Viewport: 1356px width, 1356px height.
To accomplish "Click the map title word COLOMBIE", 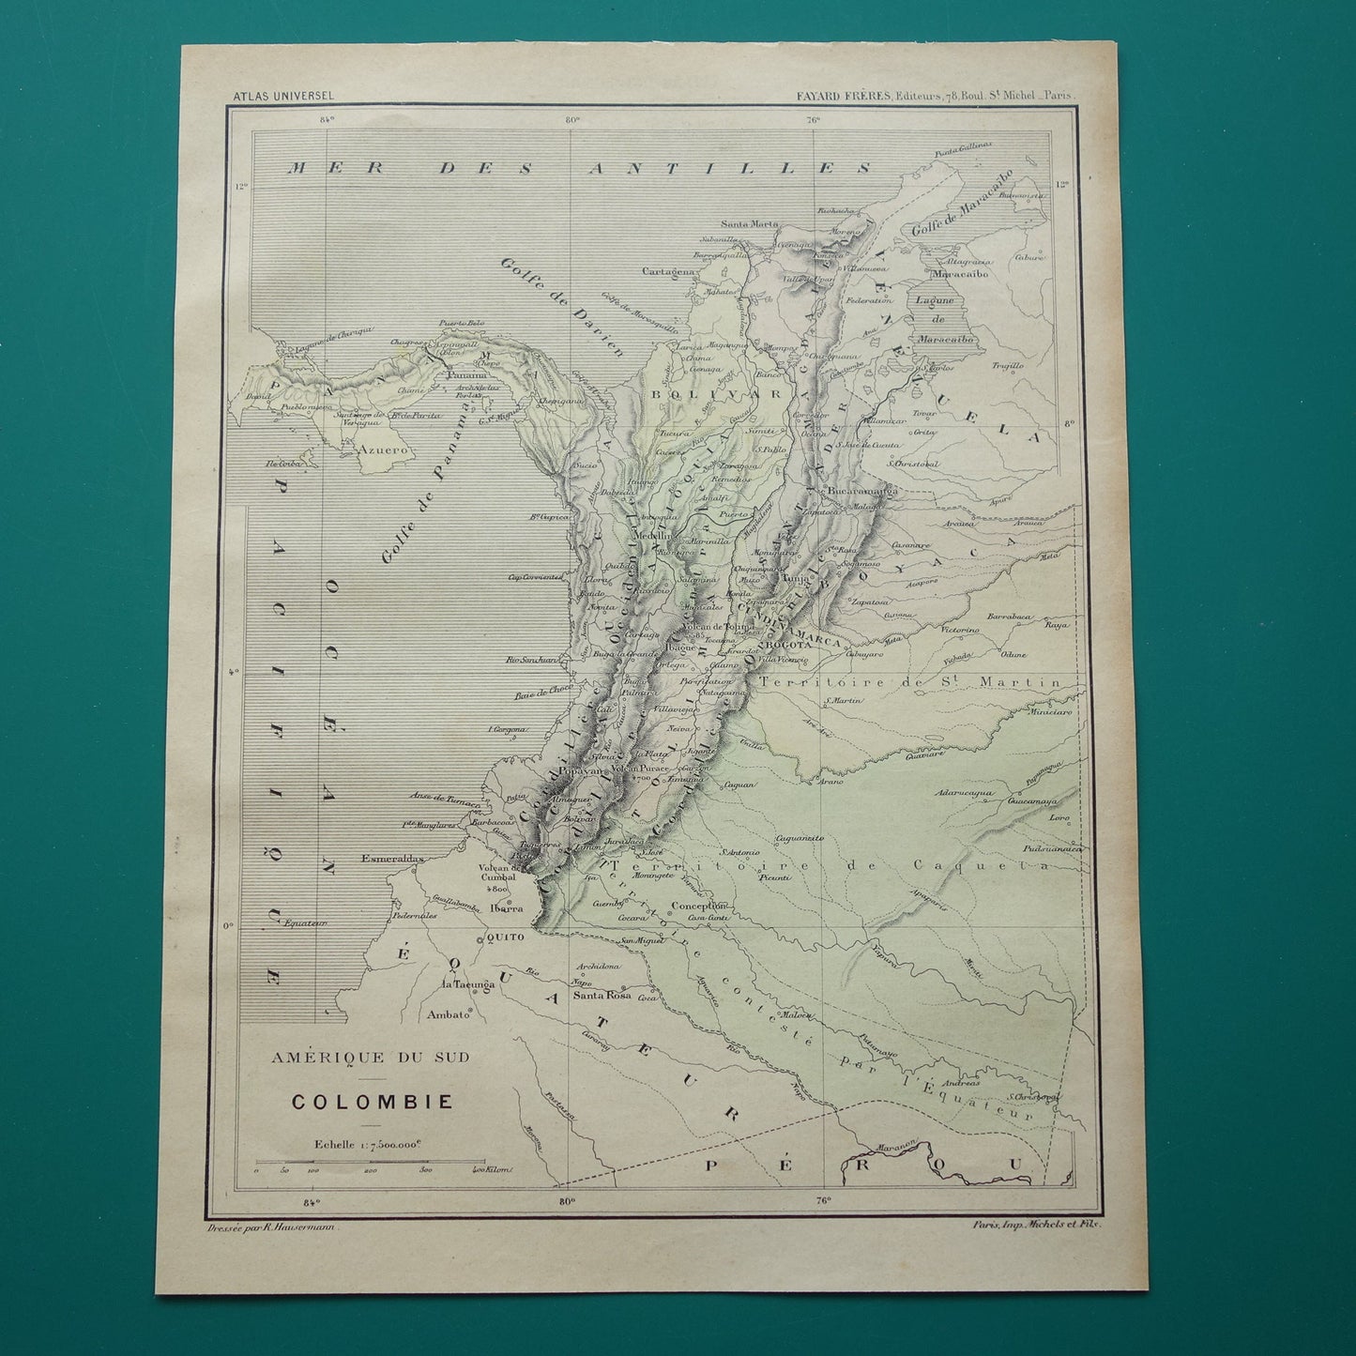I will [x=372, y=1100].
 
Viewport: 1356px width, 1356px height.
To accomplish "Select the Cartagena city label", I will [x=668, y=272].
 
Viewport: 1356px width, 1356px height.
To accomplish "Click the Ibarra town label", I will [x=506, y=908].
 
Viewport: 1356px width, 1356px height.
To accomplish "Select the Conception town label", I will [x=700, y=906].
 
